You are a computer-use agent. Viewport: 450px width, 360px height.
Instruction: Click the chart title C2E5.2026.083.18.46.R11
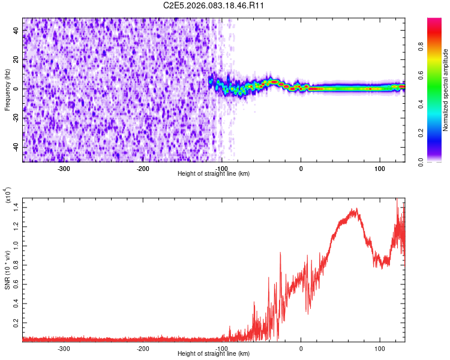[x=214, y=5]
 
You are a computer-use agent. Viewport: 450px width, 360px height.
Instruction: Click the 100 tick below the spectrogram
[x=380, y=168]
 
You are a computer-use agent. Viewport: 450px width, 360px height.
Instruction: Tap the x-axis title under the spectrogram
[x=214, y=174]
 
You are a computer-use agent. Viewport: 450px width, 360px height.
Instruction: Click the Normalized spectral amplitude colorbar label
[x=446, y=90]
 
